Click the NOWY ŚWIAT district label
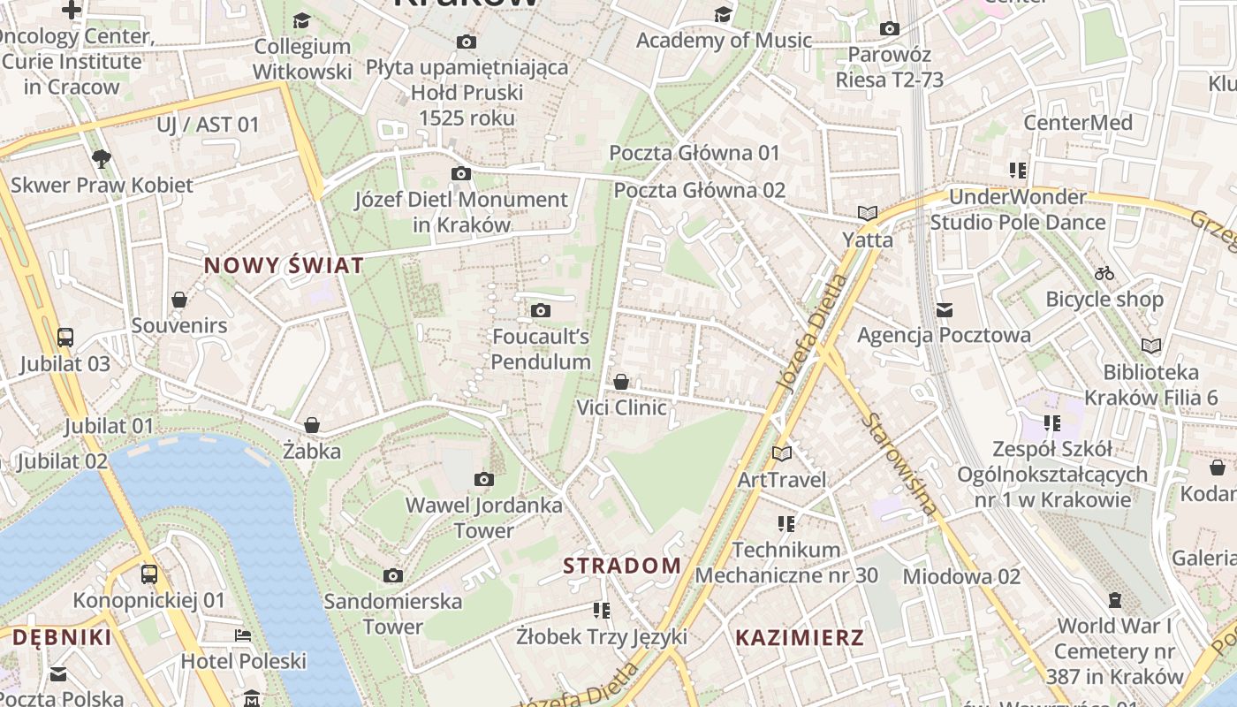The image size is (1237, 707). point(284,265)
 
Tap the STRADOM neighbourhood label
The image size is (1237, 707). point(622,566)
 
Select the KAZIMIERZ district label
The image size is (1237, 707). point(800,637)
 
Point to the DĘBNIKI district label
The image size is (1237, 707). point(62,637)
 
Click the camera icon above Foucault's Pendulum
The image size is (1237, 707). point(540,310)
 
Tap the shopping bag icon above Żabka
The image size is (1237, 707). point(311,425)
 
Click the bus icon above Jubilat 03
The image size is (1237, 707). point(65,337)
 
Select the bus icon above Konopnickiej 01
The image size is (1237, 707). point(149,574)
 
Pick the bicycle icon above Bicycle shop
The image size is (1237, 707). point(1104,273)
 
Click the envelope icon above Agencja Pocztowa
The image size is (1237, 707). point(945,309)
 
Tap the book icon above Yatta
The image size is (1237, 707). point(868,213)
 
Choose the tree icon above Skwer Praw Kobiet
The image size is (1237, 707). point(102,159)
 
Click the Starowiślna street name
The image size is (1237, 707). point(900,464)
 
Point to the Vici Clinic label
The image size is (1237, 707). point(621,407)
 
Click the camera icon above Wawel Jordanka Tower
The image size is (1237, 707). point(483,479)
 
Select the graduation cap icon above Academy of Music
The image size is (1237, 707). point(723,14)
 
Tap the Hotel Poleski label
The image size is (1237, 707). point(243,661)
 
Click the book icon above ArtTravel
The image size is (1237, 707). point(782,453)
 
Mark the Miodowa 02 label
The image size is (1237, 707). point(961,576)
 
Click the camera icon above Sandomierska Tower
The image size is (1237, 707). point(393,576)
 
